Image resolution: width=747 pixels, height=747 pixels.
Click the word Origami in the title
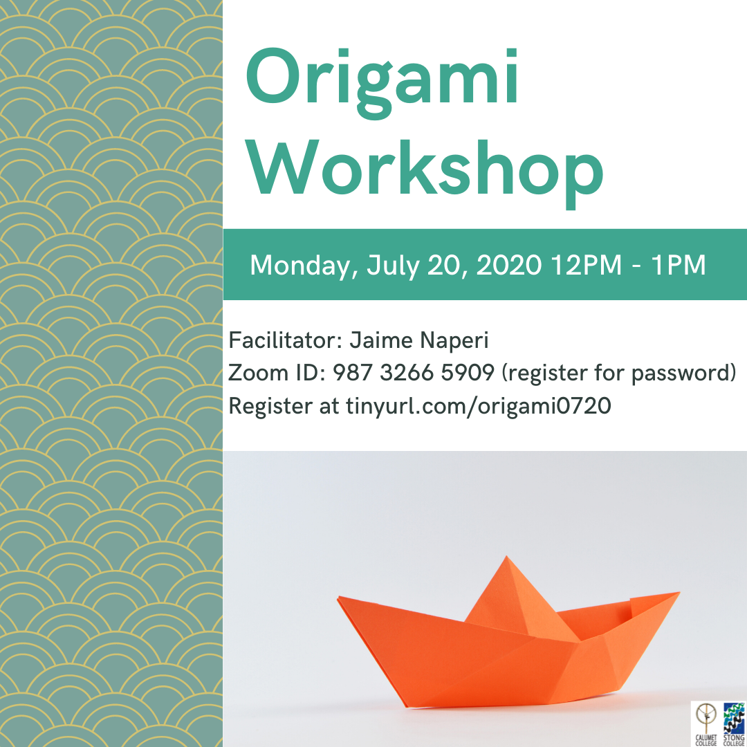382,81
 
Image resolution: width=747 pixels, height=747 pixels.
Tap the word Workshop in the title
425,172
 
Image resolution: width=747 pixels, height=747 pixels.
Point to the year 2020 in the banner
509,264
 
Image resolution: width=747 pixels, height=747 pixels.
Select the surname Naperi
454,341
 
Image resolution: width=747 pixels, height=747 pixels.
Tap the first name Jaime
381,340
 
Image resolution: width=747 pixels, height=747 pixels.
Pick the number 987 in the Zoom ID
352,373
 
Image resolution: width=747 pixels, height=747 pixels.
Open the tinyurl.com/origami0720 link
479,407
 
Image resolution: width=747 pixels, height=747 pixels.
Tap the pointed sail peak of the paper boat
506,556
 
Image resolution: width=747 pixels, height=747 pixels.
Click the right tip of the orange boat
679,593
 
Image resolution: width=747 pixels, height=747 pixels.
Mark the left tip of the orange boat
339,597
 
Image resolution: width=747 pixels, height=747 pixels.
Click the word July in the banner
393,266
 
